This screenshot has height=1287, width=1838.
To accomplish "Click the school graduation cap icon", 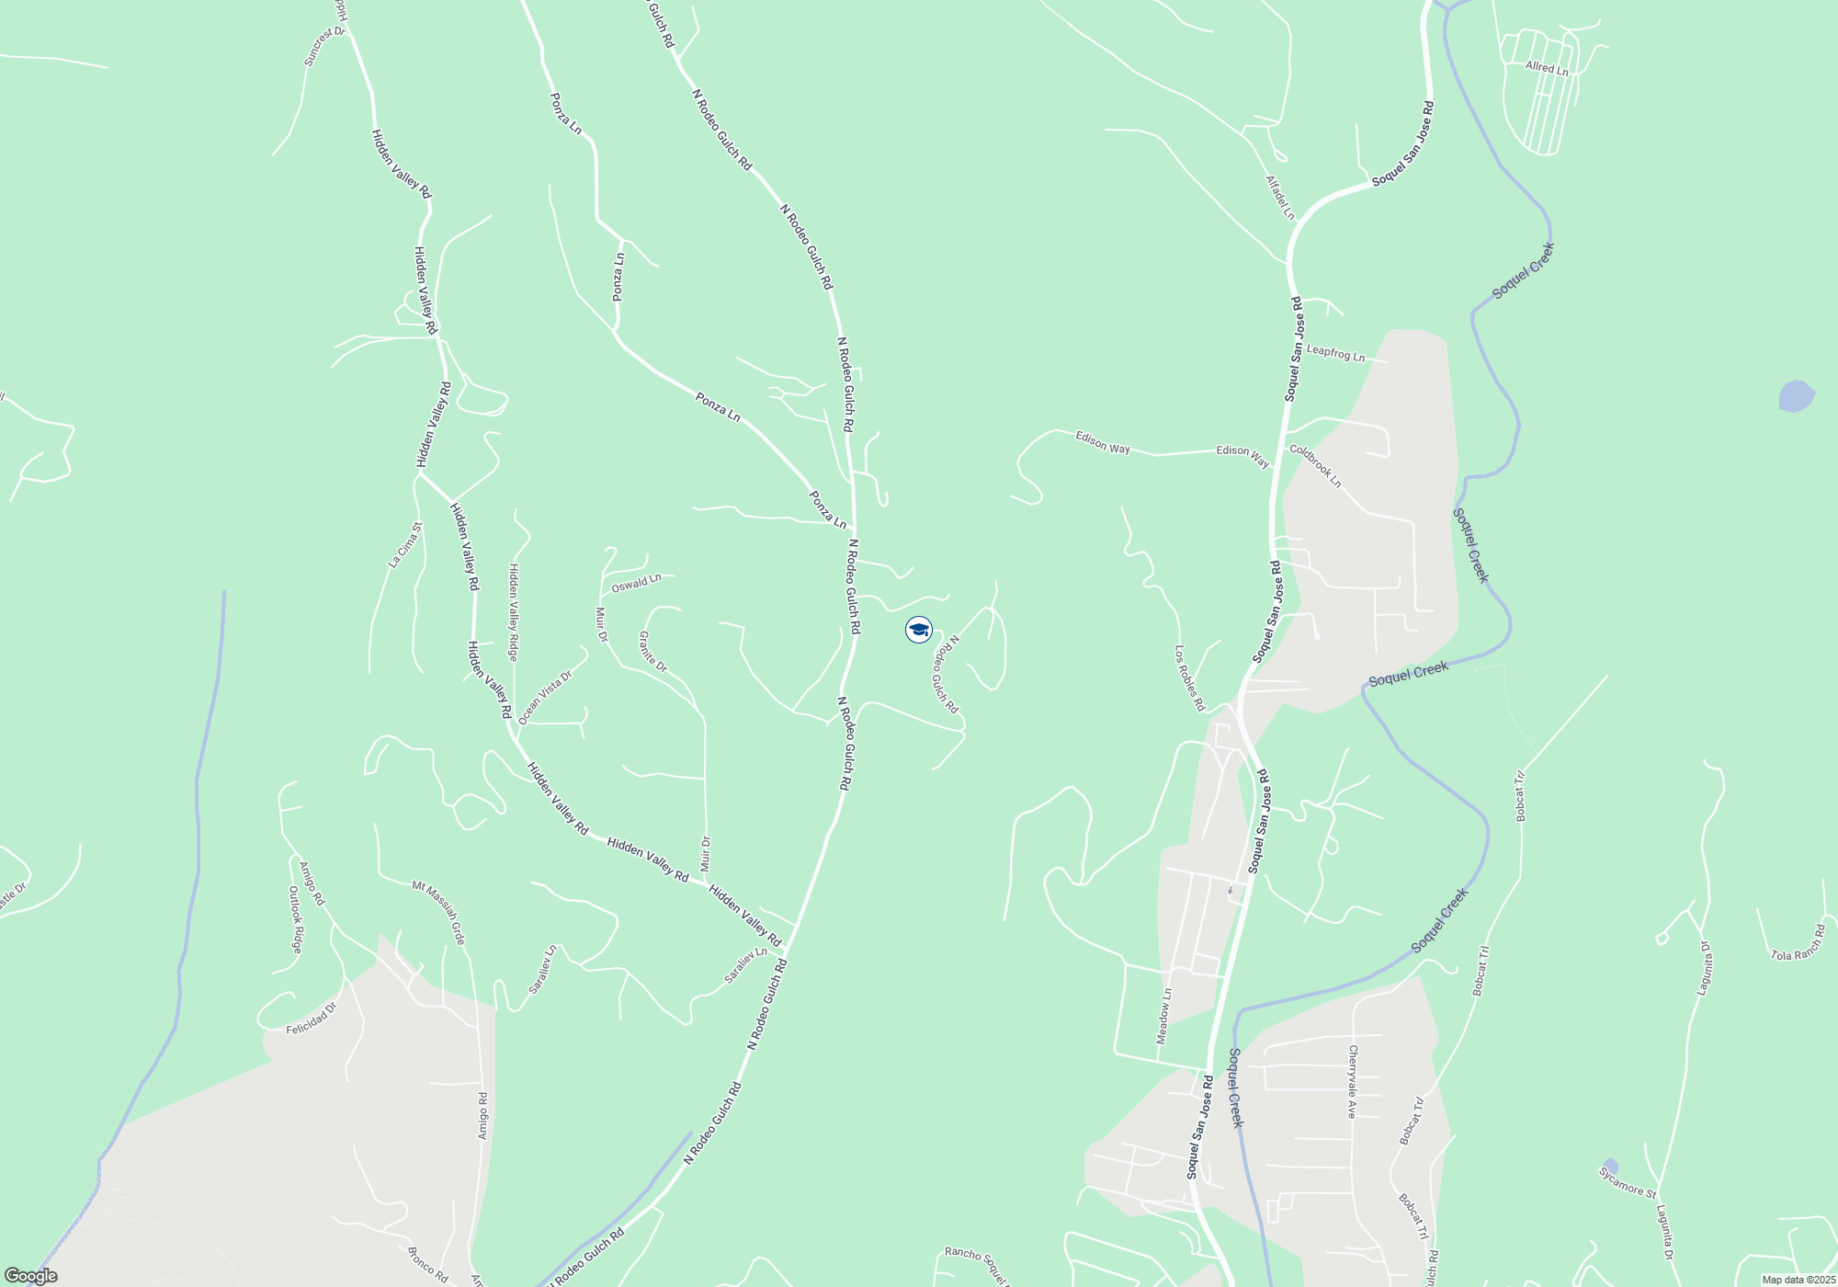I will point(918,630).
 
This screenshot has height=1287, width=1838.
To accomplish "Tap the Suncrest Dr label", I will point(324,46).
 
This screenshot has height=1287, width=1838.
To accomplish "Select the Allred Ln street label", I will point(1547,68).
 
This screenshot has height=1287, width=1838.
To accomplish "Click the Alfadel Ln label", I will point(1279,198).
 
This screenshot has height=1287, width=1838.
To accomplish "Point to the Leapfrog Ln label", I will point(1335,352).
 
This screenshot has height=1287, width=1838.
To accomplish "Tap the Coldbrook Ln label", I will point(1315,466).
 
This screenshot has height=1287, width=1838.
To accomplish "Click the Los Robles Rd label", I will point(1189,678).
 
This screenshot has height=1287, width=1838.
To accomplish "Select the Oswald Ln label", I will point(636,583).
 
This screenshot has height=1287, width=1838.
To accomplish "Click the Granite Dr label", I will point(652,651).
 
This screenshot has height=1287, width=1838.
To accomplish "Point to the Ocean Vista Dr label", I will point(545,697).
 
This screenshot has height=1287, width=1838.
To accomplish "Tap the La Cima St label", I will point(404,545).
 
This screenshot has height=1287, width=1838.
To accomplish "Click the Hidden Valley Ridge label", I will point(514,612).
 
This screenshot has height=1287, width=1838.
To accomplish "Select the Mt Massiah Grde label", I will point(438,912).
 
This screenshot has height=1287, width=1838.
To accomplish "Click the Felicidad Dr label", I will point(312,1019).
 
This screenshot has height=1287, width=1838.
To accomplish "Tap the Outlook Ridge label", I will point(295,919).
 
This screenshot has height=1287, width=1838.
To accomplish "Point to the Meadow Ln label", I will point(1164,1016).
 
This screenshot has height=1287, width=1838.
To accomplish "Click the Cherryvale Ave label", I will point(1352,1081).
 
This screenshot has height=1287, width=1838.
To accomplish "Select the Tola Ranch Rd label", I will point(1798,944).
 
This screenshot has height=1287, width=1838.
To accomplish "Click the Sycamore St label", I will point(1627,1182).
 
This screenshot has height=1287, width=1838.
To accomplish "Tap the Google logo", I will point(31,1276).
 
